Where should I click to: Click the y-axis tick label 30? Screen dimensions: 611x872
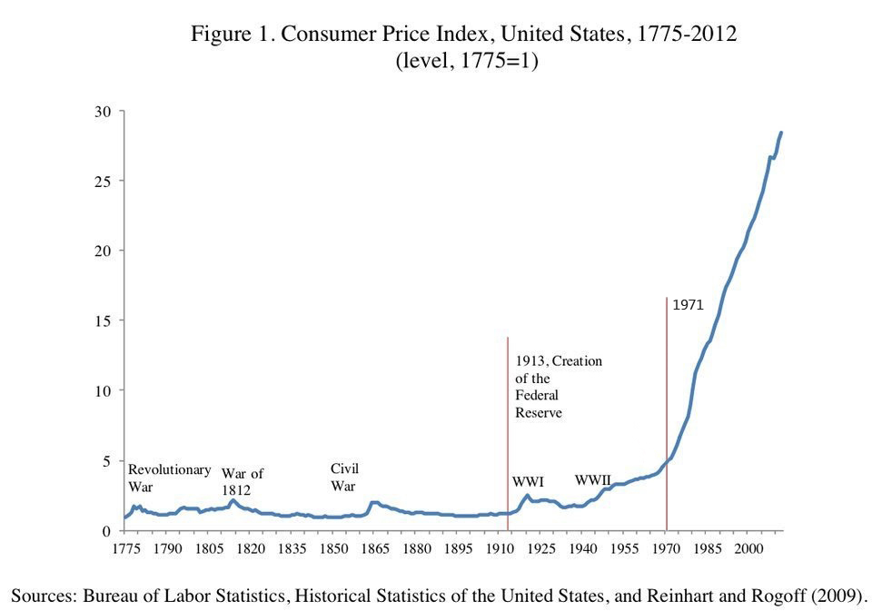point(103,112)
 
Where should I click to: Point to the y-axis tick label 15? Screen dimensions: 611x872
point(103,321)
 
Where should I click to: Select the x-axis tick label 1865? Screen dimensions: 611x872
point(375,549)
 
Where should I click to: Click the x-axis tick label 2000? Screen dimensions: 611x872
point(748,549)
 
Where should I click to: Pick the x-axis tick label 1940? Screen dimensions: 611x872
point(582,549)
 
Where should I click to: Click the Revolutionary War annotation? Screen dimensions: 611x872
point(169,478)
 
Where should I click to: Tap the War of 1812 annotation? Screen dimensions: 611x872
point(242,481)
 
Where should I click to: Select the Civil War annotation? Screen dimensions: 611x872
point(344,477)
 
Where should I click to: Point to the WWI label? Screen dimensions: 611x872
point(528,482)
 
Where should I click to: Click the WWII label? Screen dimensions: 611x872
point(592,479)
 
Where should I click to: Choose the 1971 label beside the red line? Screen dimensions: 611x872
point(688,306)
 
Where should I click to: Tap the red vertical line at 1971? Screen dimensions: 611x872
point(667,409)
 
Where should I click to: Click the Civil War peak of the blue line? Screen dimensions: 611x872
point(373,502)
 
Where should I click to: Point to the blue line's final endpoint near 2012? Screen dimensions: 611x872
point(781,133)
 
